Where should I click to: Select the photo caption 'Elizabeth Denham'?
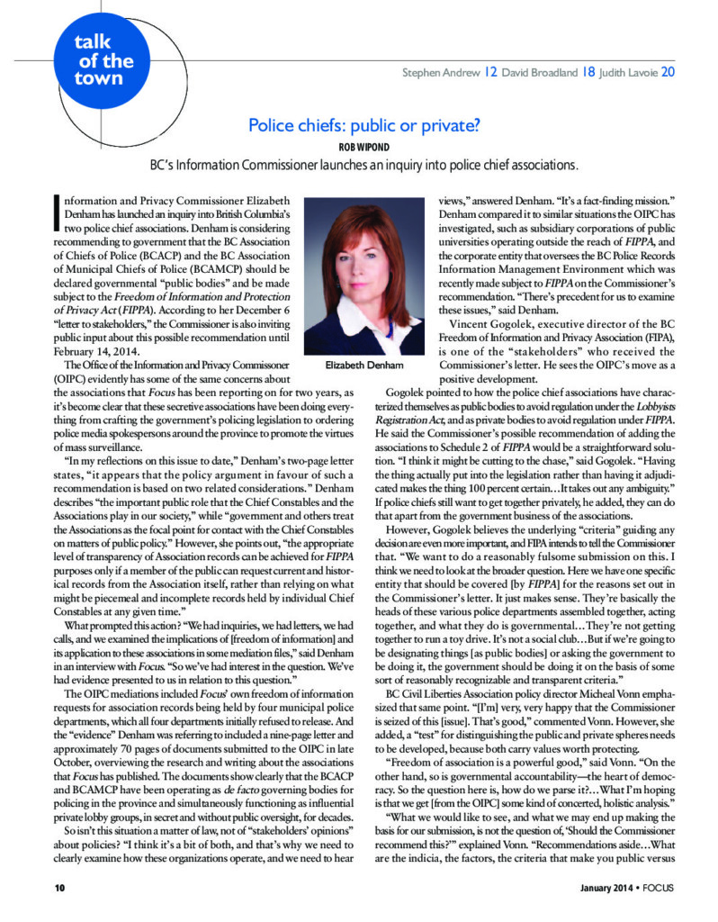point(365,366)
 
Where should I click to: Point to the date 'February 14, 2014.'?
point(95,350)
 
